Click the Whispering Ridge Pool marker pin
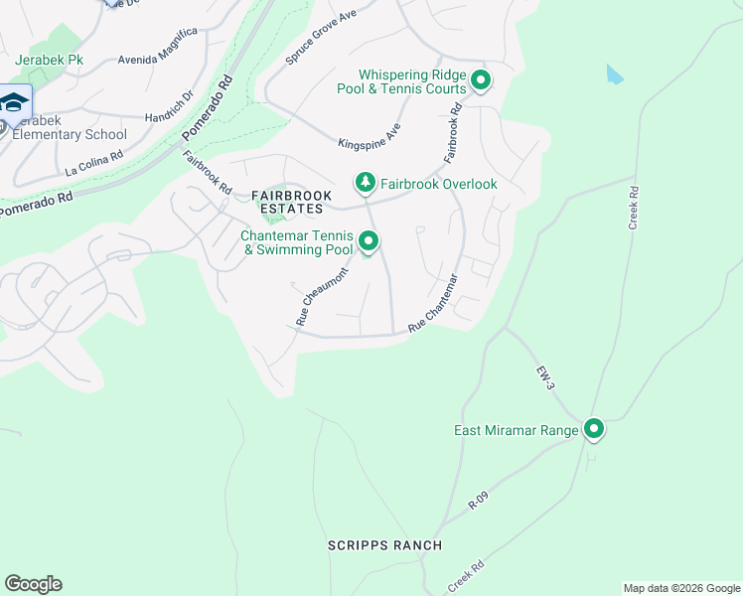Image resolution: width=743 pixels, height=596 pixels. (481, 81)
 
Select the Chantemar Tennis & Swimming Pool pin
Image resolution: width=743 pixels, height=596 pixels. (369, 241)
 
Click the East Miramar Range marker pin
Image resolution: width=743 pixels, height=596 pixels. (594, 429)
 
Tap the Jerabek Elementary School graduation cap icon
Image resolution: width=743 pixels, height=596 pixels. (14, 103)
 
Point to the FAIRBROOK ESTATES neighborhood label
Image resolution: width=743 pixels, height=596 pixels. (291, 203)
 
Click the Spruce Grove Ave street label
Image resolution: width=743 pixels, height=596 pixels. (320, 37)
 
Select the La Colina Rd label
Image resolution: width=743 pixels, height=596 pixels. (93, 163)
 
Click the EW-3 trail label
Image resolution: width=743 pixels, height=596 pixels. (545, 379)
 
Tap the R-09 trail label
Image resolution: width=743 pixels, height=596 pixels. (481, 500)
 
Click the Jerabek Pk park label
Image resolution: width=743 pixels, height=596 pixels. (50, 61)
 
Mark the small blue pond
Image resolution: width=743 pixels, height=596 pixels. (615, 74)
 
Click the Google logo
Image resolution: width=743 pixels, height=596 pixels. (33, 584)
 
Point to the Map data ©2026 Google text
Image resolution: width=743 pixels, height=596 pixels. (681, 588)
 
